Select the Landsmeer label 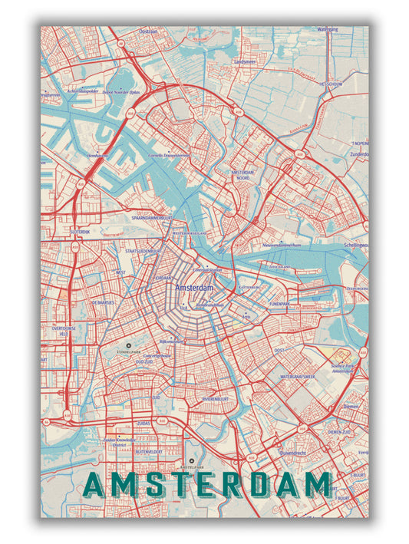pos(245,61)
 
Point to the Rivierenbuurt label pos(217,400)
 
